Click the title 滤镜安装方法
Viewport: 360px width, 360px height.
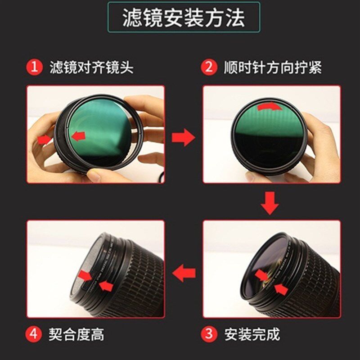(x=184, y=18)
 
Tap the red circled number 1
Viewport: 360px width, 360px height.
(x=34, y=67)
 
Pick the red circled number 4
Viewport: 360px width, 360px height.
(x=34, y=334)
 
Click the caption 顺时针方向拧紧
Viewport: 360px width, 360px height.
(x=273, y=67)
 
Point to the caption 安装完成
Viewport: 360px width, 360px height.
(x=252, y=334)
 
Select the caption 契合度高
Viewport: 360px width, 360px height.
(x=77, y=334)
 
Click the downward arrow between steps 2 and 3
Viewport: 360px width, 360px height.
(x=270, y=202)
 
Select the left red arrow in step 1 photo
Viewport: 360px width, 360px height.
(x=45, y=140)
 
